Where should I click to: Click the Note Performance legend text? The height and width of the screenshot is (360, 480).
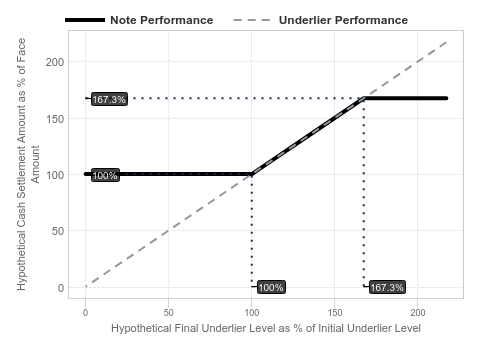pos(162,20)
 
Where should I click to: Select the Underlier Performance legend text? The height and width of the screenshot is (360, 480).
pos(343,20)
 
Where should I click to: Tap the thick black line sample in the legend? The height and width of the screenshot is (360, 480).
pos(85,20)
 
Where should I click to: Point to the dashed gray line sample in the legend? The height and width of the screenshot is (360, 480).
pos(252,20)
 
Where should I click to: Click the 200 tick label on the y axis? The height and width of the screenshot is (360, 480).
pos(55,62)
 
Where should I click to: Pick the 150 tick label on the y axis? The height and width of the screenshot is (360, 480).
pos(55,119)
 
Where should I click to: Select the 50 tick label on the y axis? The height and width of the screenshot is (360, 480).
pos(58,231)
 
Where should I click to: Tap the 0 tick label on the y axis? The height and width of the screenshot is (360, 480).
pos(61,288)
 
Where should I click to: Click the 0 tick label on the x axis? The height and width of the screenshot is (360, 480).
pos(85,313)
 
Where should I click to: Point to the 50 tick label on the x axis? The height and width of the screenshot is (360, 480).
pos(168,313)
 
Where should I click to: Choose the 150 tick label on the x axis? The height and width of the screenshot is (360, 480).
pos(335,313)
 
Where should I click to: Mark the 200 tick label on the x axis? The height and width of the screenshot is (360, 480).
pos(418,313)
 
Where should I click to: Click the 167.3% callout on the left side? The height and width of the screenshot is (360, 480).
pos(109,99)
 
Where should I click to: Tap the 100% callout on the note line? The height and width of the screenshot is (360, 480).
pos(105,175)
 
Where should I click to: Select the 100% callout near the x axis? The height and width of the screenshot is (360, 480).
pos(271,287)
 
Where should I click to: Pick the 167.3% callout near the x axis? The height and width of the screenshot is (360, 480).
pos(387,287)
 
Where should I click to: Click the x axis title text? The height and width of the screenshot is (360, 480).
pos(266,328)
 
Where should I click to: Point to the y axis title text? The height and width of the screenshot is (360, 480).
pos(28,164)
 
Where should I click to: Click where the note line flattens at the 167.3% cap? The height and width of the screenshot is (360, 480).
pos(364,98)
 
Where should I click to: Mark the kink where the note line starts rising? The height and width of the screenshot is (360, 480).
pos(252,174)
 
